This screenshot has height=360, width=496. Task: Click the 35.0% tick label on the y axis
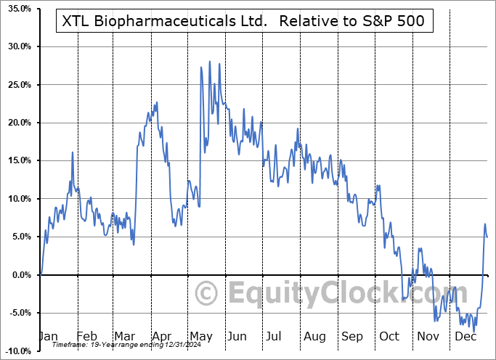pos(17,9)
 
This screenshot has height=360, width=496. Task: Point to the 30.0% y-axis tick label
pos(17,47)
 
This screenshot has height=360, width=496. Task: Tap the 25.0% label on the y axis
pos(17,85)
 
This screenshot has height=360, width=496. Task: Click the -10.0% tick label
pos(16,351)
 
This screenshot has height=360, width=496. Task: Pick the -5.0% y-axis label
pos(17,313)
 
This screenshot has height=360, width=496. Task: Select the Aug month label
pos(314,336)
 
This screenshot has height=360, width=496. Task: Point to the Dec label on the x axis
pos(465,336)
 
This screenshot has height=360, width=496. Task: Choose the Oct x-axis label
pos(390,336)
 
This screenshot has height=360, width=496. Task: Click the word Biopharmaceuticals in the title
pos(179,22)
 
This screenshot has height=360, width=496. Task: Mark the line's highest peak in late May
pos(210,62)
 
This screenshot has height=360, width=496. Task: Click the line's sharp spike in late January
pos(73,152)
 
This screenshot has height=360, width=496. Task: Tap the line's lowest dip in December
pos(475,332)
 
